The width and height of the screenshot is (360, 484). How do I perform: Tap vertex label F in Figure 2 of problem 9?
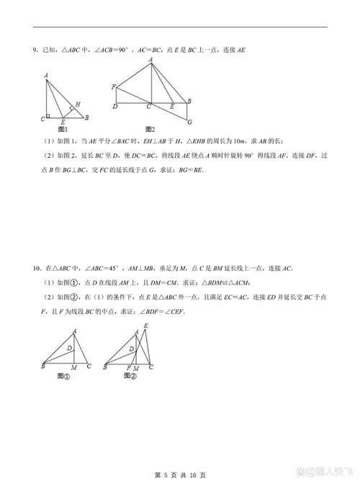pyautogui.click(x=114, y=86)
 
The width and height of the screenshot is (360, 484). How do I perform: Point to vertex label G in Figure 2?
pyautogui.click(x=189, y=121)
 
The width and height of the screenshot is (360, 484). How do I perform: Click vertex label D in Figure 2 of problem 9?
pyautogui.click(x=115, y=107)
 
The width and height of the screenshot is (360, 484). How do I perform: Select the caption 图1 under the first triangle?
pyautogui.click(x=62, y=128)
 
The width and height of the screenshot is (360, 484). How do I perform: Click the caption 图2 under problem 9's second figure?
pyautogui.click(x=149, y=128)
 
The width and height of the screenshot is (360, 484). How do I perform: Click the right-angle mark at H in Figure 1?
pyautogui.click(x=72, y=109)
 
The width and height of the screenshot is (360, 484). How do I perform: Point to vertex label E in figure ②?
pyautogui.click(x=147, y=326)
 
